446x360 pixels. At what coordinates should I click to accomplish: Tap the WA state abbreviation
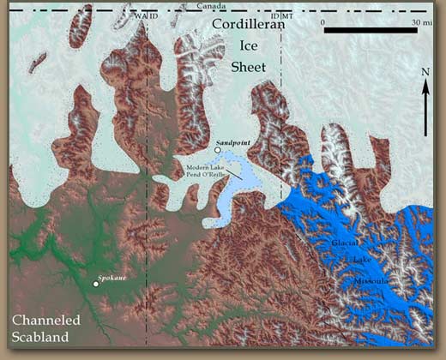point(140,16)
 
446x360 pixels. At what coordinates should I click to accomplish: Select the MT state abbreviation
point(288,16)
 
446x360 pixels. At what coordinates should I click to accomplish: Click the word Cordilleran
point(247,25)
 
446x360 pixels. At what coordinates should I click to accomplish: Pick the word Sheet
point(248,67)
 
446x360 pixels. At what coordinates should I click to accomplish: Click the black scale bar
point(359,30)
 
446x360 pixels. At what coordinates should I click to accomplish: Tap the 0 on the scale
point(324,19)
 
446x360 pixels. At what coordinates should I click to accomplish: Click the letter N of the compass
point(425,72)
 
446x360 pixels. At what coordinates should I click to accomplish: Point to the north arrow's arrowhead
point(425,84)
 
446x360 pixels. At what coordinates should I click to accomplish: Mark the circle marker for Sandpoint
point(218,151)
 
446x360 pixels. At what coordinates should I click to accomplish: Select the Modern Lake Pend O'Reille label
point(202,169)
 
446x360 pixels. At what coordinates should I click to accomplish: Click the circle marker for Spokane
point(95,284)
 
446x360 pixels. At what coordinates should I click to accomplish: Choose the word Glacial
point(346,243)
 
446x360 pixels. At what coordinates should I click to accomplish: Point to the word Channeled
point(45,321)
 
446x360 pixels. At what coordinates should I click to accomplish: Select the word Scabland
point(39,338)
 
